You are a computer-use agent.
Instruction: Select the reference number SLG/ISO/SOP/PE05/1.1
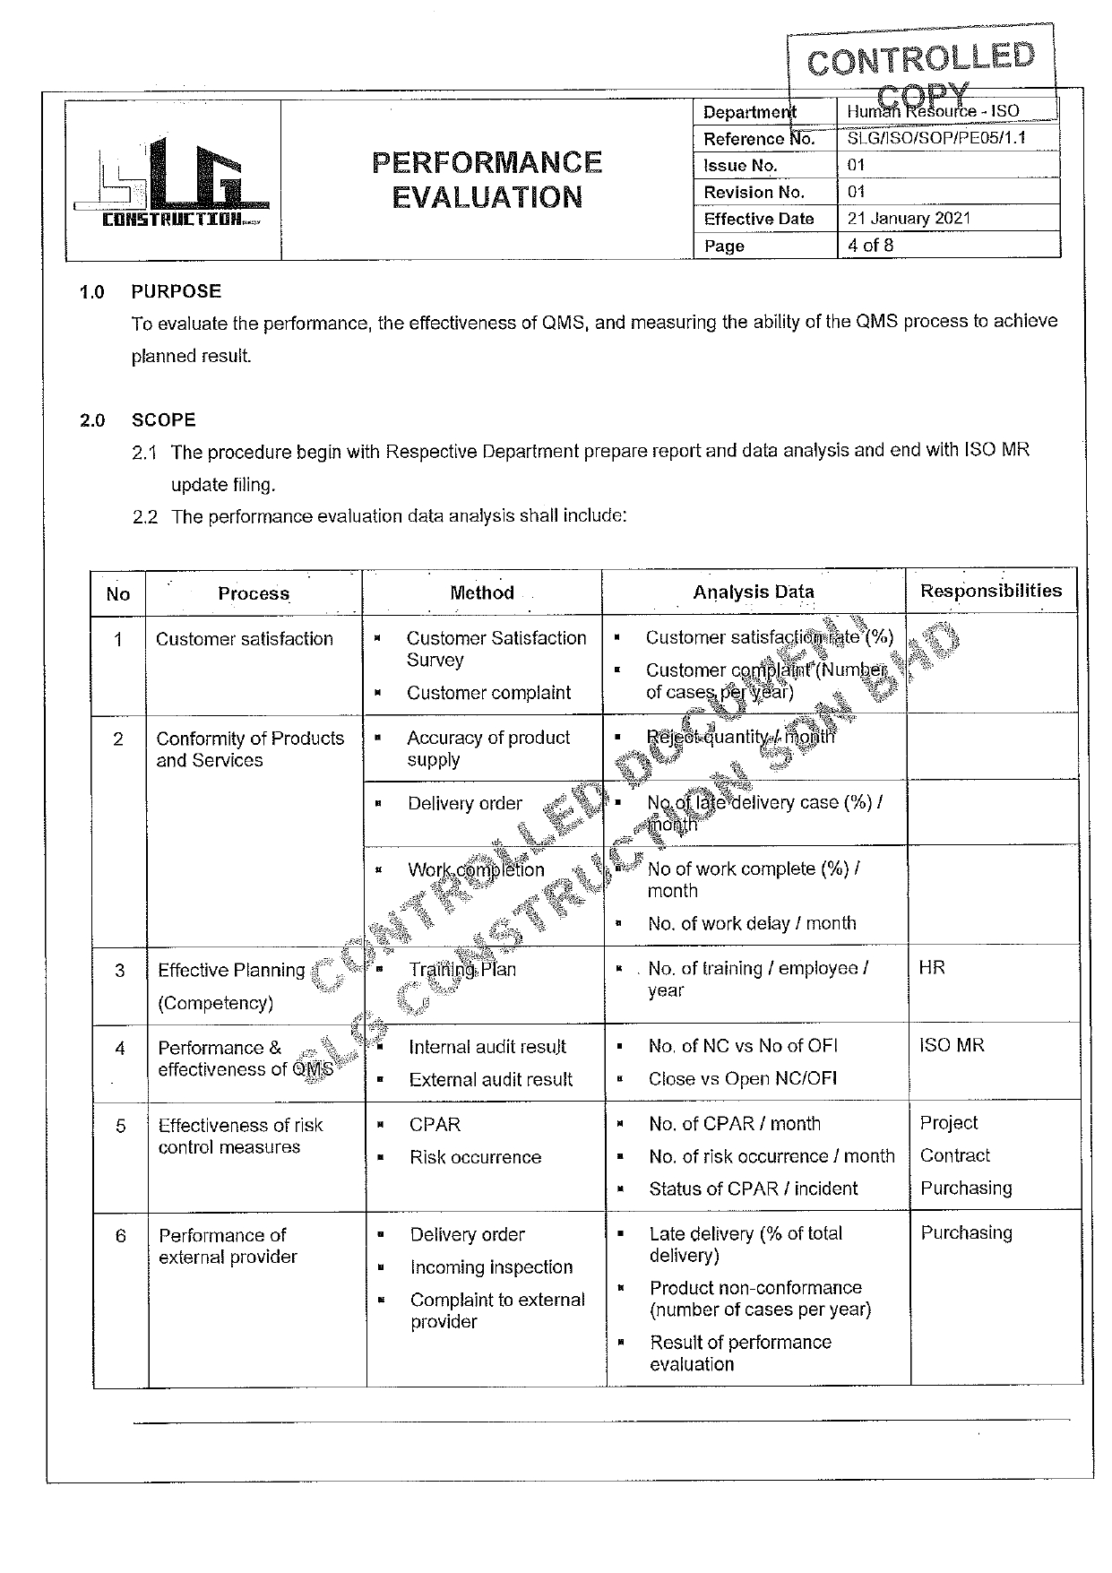coord(935,139)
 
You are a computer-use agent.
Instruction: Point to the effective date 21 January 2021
coord(909,218)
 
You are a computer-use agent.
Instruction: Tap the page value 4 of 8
coord(870,245)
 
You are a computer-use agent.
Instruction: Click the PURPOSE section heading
coord(176,291)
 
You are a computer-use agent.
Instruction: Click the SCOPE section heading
coord(163,420)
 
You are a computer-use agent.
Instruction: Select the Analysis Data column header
coord(753,592)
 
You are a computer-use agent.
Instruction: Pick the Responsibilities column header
coord(990,591)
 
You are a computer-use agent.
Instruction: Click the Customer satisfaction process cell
coord(244,639)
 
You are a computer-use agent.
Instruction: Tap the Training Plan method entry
coord(462,969)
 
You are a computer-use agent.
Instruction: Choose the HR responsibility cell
coord(932,968)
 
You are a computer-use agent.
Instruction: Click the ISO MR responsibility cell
coord(952,1045)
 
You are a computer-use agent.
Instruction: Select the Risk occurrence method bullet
coord(475,1157)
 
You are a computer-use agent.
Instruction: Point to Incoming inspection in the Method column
coord(491,1267)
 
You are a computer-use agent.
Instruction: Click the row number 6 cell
coord(121,1236)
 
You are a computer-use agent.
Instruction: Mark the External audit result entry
coord(490,1080)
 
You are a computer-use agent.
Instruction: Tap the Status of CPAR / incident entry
coord(753,1188)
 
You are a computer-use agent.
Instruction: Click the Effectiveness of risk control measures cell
coord(240,1136)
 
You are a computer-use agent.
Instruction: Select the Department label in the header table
coord(749,112)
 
